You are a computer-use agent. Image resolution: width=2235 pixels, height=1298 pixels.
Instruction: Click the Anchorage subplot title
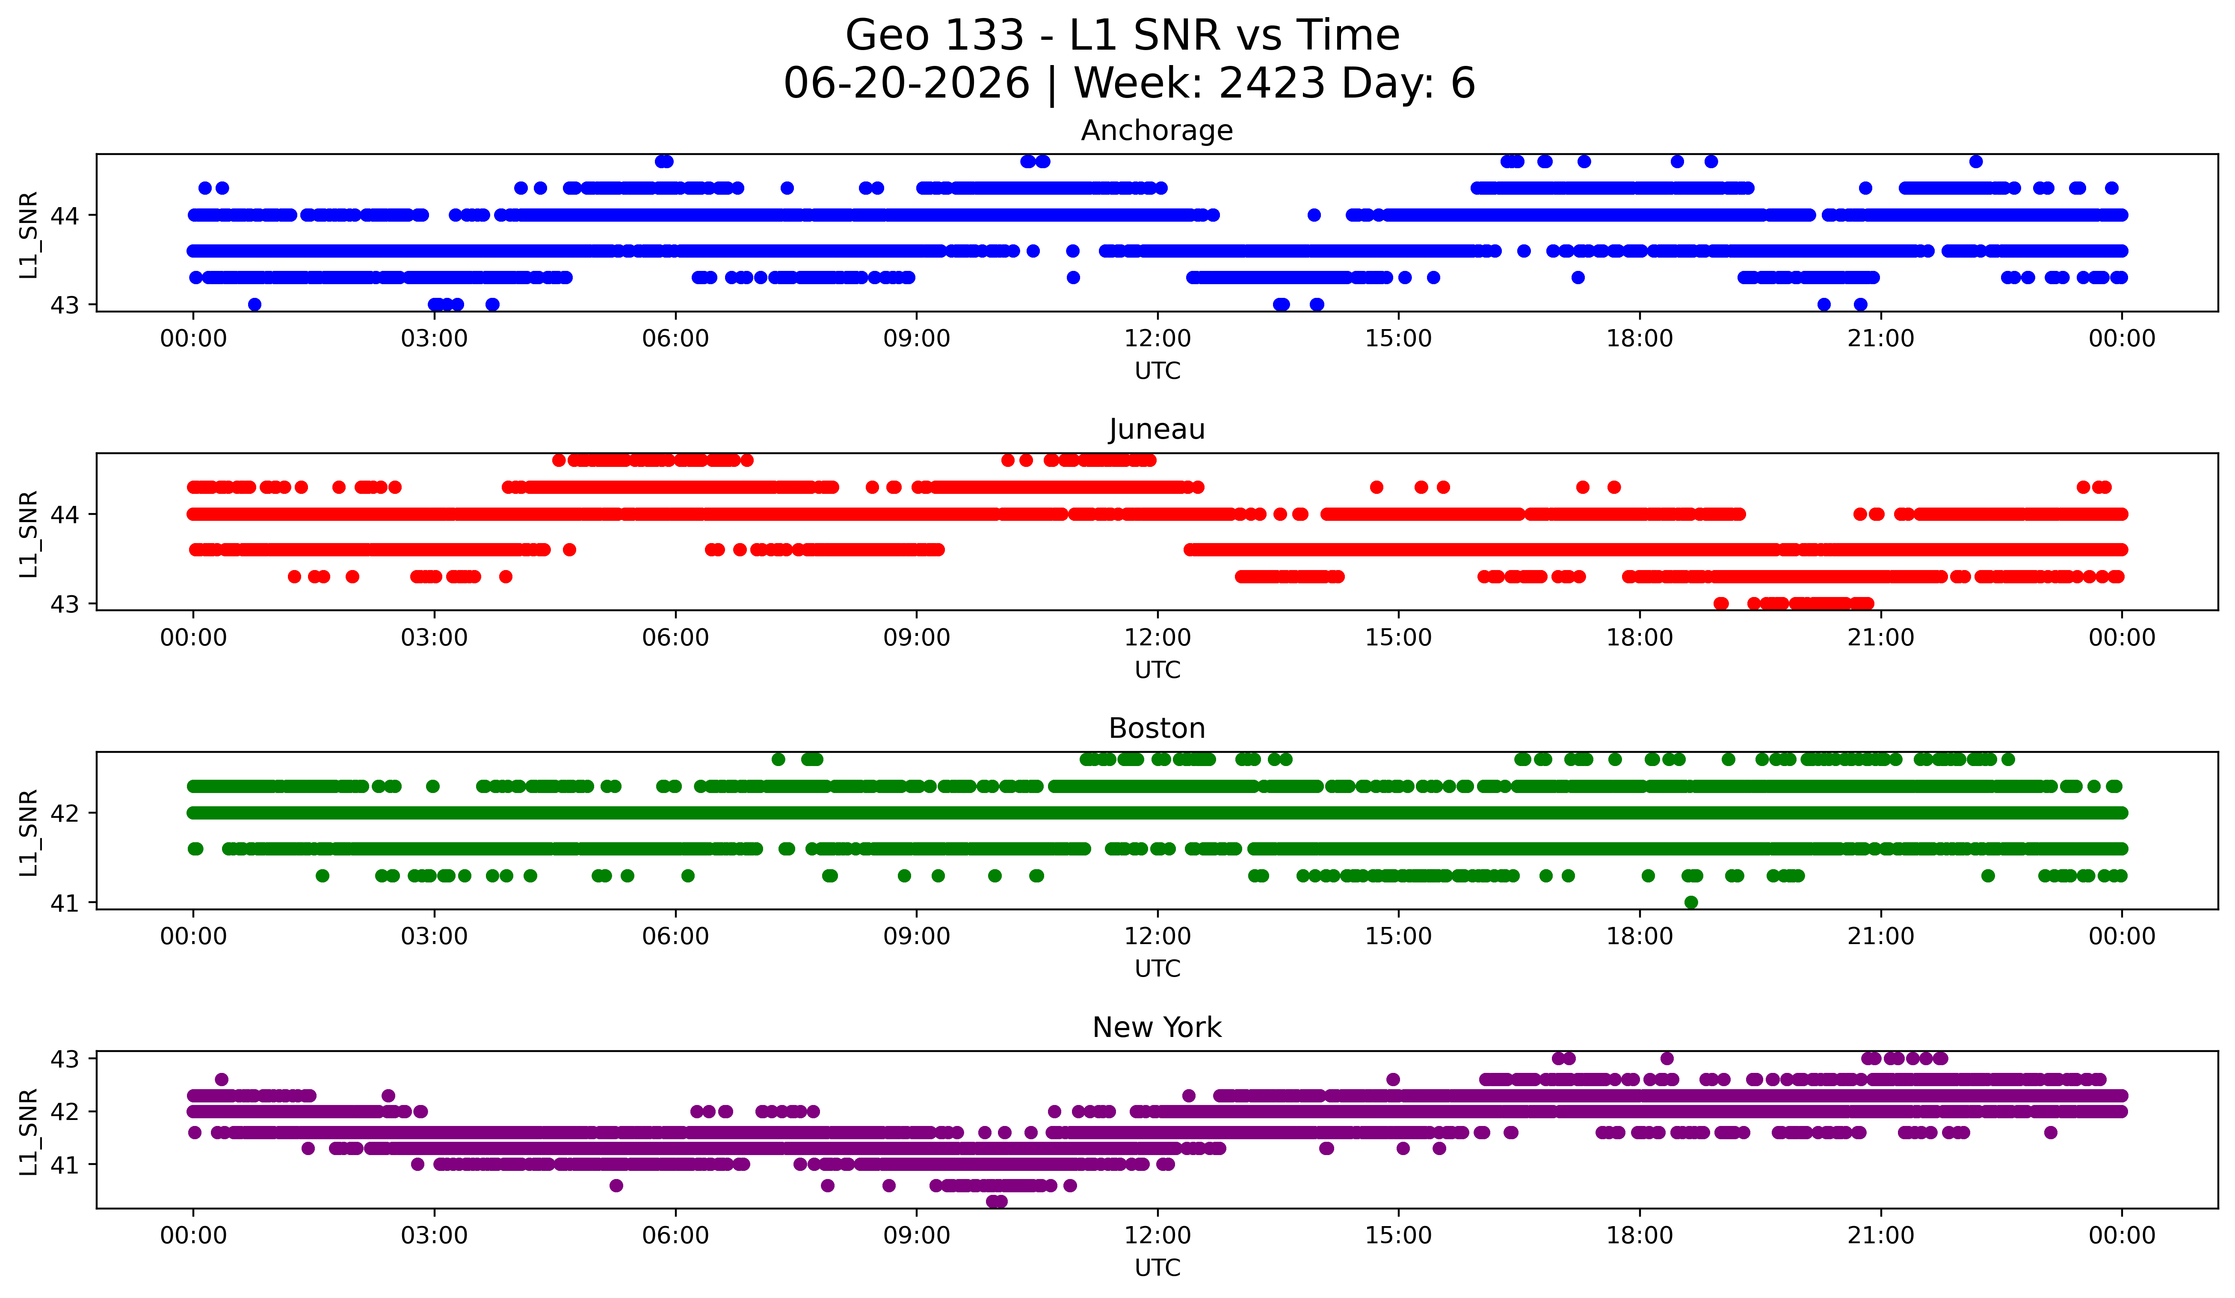point(1157,131)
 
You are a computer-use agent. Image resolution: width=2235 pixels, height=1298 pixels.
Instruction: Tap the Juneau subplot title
point(1157,429)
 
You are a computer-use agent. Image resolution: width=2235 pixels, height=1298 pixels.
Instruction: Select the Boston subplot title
point(1157,728)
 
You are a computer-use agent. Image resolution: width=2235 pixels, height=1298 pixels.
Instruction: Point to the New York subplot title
point(1157,1028)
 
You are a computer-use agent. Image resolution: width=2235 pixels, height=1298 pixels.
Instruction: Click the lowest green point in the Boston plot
point(1690,902)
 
